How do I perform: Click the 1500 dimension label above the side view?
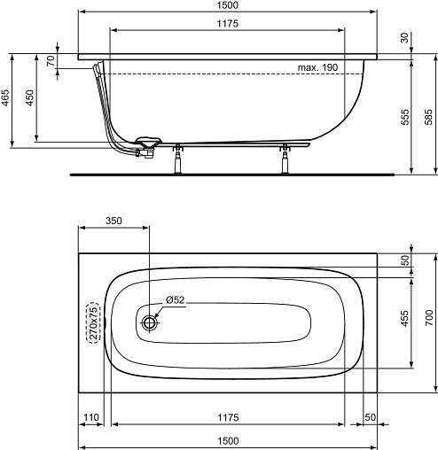point(227,5)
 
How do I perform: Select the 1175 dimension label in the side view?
point(227,23)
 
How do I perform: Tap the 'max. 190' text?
point(317,67)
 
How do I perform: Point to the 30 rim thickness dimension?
point(404,38)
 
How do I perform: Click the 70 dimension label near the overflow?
point(51,60)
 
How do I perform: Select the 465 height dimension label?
point(5,97)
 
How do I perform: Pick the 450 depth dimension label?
point(30,97)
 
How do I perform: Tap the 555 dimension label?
point(405,117)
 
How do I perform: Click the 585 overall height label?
point(429,117)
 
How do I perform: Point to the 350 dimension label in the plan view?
point(113,221)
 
